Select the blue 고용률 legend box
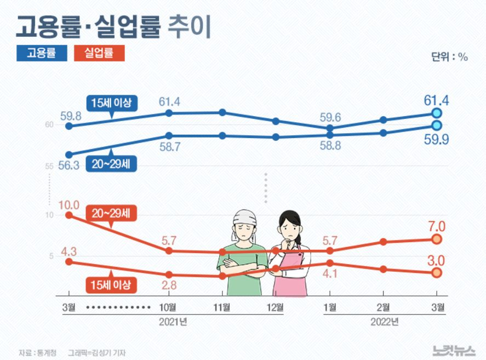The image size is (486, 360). click(x=42, y=53)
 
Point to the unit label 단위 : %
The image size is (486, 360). click(x=450, y=57)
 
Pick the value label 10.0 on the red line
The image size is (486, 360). click(x=69, y=205)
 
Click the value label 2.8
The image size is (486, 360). click(x=169, y=285)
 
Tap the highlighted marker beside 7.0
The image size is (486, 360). click(x=437, y=239)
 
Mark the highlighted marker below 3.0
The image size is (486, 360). click(x=437, y=273)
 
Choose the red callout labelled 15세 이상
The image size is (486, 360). click(x=111, y=284)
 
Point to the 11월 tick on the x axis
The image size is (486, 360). click(x=222, y=307)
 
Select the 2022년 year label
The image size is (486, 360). click(x=384, y=322)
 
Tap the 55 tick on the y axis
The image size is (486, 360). click(x=49, y=166)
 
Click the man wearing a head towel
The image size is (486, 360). click(x=243, y=252)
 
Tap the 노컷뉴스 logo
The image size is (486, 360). click(x=451, y=349)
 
